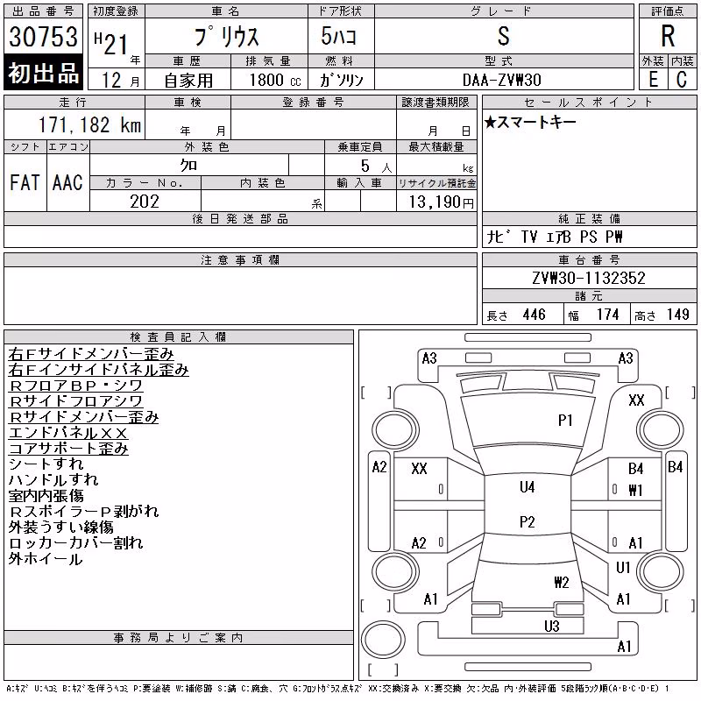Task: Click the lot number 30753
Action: [x=43, y=37]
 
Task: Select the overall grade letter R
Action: [x=668, y=36]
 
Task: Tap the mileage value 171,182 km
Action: [x=89, y=124]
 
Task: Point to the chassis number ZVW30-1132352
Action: [x=589, y=278]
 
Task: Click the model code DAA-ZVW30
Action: [x=501, y=80]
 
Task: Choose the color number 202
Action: [x=145, y=202]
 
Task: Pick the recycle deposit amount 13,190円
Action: [x=442, y=202]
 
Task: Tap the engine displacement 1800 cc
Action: [x=275, y=80]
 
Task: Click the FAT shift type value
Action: [x=25, y=182]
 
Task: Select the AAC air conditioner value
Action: [x=67, y=182]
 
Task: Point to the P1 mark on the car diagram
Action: [x=565, y=421]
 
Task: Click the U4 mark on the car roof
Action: [x=528, y=487]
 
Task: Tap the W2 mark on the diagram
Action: [x=562, y=582]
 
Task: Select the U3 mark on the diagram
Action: [x=552, y=627]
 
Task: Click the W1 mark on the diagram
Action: [x=635, y=491]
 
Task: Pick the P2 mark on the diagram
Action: [x=528, y=521]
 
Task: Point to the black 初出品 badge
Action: [x=43, y=73]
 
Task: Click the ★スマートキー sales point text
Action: [x=530, y=122]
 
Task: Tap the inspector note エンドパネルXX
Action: [x=68, y=433]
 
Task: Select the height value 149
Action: [x=677, y=315]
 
